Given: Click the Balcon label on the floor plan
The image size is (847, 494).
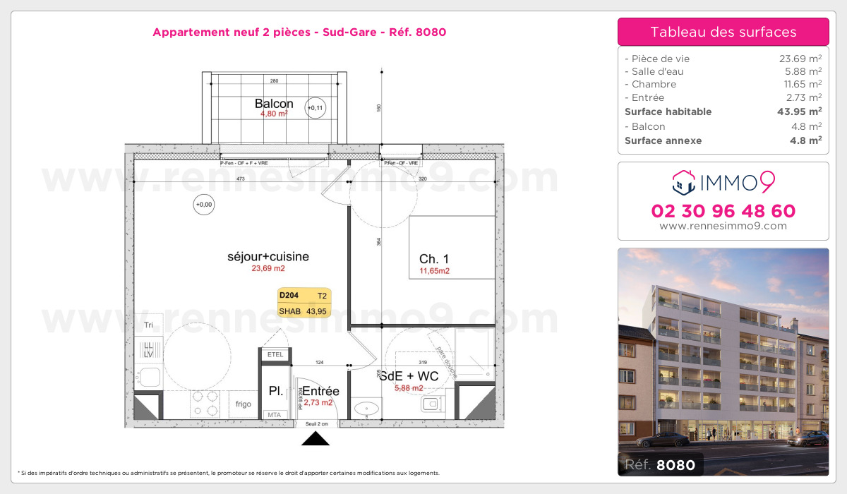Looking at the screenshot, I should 274,104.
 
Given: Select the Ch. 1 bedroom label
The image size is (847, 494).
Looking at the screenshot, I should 434,258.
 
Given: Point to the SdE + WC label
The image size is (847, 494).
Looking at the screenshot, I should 409,376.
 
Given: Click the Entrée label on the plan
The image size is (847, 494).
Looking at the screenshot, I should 320,391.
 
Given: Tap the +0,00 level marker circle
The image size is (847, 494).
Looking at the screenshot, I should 203,205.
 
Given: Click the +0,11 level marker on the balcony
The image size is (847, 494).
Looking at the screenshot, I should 315,108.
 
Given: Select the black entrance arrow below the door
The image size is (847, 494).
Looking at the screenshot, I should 316,439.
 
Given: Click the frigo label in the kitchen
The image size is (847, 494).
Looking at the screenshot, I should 244,404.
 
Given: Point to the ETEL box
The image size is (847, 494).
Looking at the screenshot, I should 275,354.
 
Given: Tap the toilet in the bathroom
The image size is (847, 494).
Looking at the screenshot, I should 430,404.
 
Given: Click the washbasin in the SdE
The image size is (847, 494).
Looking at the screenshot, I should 366,409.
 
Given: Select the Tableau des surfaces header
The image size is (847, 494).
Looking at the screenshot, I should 723,32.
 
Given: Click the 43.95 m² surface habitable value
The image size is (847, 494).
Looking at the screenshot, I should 805,112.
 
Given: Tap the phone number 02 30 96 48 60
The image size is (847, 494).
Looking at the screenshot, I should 723,211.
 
